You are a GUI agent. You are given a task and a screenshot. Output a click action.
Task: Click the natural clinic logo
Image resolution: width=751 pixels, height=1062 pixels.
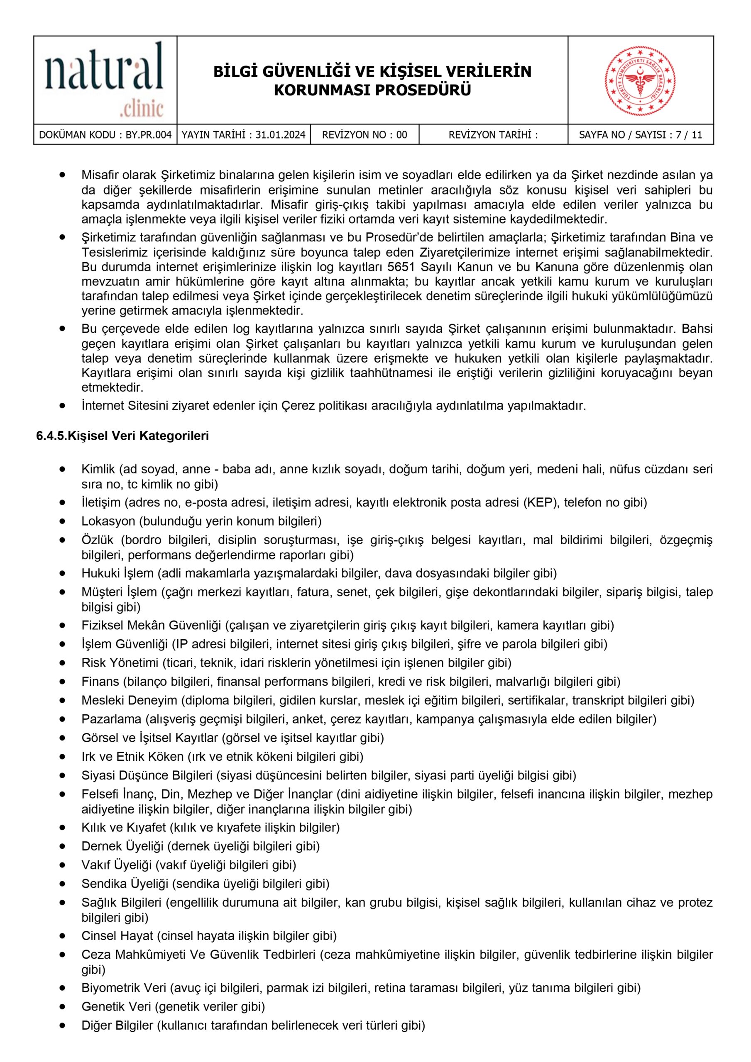105,80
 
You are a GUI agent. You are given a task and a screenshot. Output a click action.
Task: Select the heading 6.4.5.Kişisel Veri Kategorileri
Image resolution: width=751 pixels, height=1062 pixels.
123,436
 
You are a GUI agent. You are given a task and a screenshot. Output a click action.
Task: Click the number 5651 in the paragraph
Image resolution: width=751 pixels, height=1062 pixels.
401,267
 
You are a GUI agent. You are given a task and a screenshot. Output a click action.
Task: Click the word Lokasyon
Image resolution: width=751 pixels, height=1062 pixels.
109,521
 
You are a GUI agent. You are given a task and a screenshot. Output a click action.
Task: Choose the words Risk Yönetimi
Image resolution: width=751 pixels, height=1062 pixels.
120,663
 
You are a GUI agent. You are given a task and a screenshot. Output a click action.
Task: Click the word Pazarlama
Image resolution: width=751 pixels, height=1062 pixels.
111,719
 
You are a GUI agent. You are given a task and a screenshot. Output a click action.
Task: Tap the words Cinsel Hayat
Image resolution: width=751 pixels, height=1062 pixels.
117,936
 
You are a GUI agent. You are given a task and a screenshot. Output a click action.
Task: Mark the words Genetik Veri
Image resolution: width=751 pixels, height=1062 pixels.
116,1006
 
